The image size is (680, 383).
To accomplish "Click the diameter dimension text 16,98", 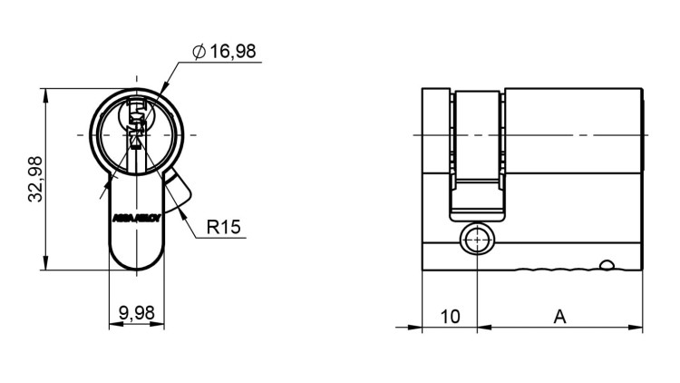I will pos(232,51).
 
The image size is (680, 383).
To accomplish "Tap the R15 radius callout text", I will pos(223,226).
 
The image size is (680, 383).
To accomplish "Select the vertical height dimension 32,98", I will pos(35,179).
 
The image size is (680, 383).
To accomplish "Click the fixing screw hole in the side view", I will pos(476,241).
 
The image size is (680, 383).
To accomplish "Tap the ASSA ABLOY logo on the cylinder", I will pos(136,218).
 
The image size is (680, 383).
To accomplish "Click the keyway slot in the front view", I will pos(137,127).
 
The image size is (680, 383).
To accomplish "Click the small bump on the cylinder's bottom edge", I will pos(607,265).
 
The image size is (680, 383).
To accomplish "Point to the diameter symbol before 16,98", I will pos(199,52).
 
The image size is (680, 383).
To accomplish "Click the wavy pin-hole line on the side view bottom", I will pos(553,269).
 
